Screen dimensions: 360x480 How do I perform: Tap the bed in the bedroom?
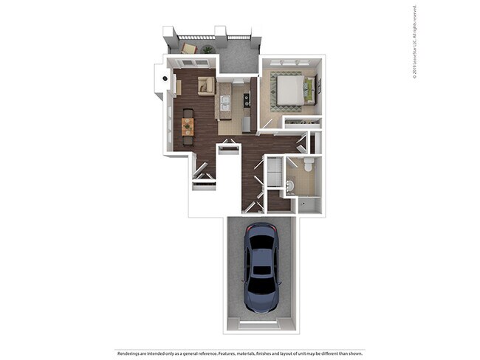[293, 90]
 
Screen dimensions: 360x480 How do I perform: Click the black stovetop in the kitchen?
[246, 99]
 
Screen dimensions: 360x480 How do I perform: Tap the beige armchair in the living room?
[206, 86]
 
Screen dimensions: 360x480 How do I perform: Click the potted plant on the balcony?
[208, 50]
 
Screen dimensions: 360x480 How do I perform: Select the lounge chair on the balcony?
[189, 49]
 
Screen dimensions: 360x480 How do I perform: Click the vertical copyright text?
[415, 41]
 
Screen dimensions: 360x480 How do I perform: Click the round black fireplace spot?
[162, 77]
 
